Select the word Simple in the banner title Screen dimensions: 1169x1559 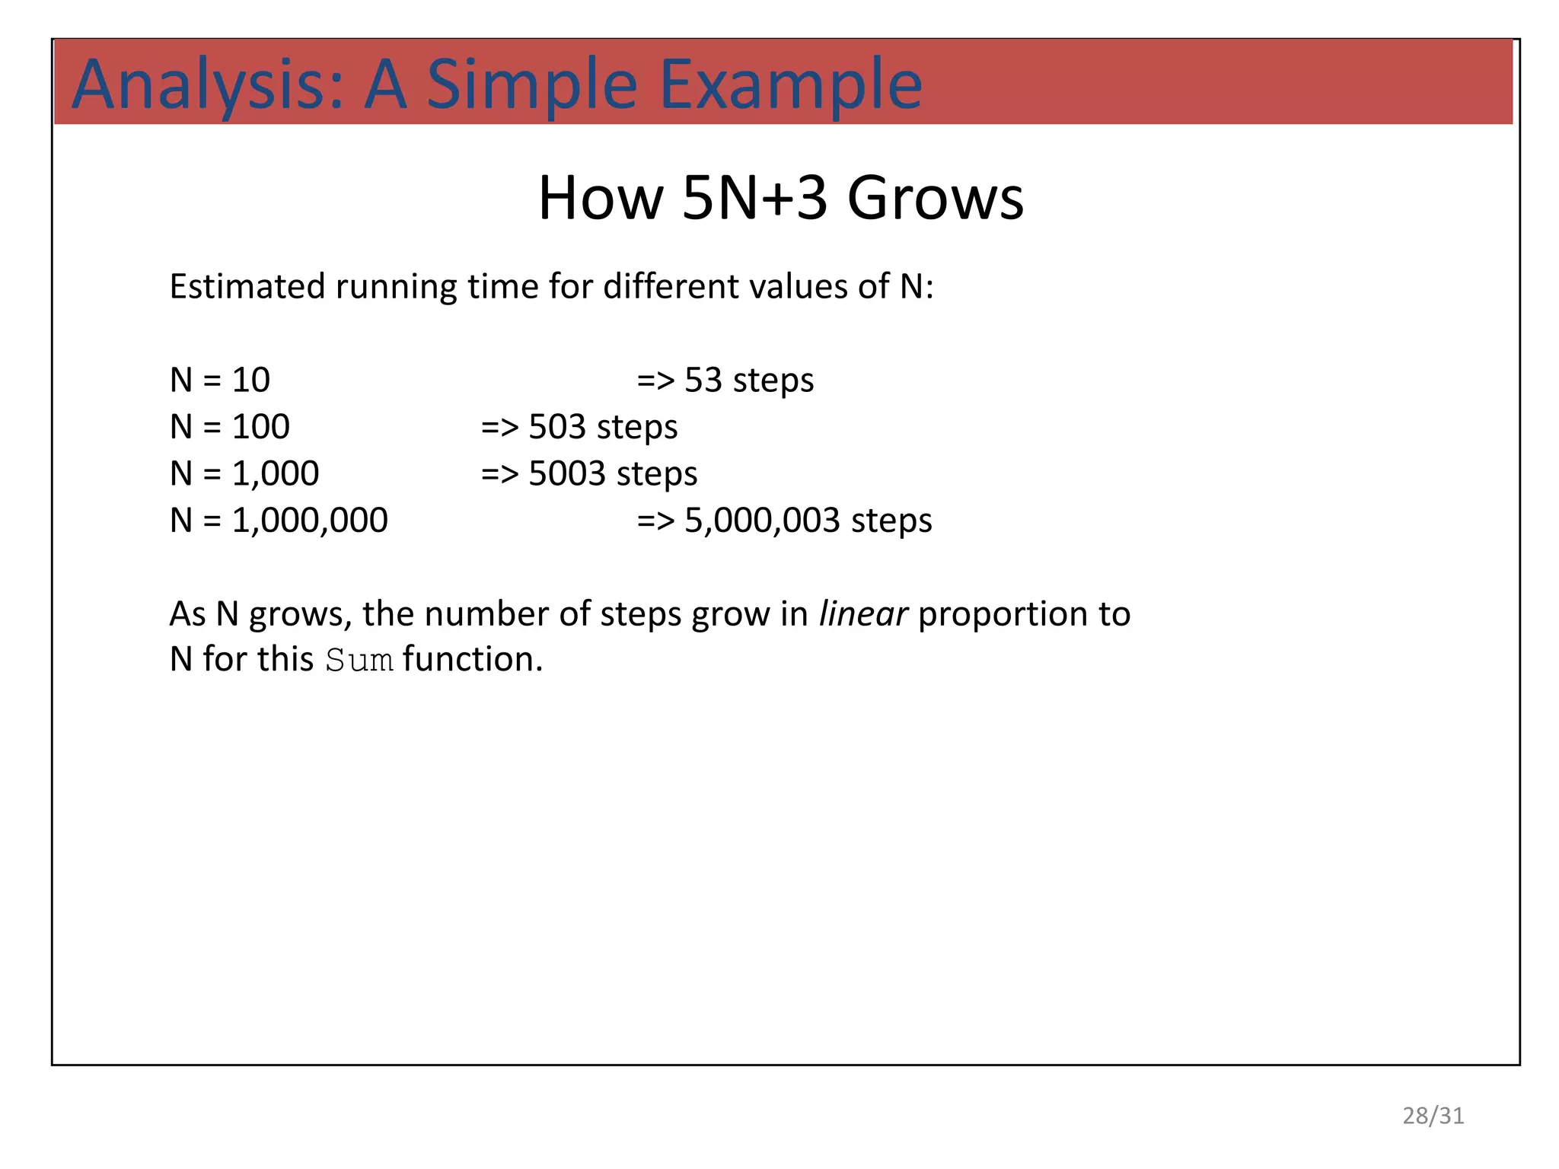coord(531,85)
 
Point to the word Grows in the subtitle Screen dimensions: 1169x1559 coord(936,198)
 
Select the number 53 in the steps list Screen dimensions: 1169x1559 coord(703,380)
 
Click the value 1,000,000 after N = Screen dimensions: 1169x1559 coord(310,521)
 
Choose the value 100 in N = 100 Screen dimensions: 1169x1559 coord(260,427)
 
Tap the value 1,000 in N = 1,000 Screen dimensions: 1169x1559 coord(275,473)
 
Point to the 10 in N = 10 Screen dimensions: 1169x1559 coord(250,380)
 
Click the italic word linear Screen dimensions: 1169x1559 coord(862,613)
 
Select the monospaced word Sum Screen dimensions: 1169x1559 coord(359,660)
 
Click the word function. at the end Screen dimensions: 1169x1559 coord(473,659)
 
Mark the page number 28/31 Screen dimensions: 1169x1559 coord(1433,1115)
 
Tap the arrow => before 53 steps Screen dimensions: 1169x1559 coord(655,380)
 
